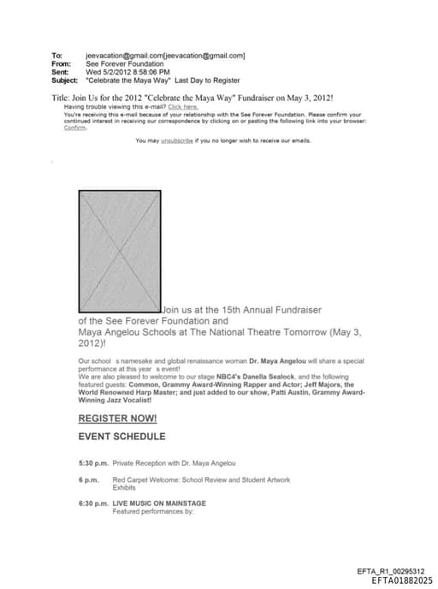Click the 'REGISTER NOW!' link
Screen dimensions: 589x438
point(117,419)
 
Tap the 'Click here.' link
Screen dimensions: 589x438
point(182,107)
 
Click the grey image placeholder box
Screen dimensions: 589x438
point(120,251)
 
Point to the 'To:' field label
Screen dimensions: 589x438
point(56,56)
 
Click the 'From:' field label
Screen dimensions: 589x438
point(61,63)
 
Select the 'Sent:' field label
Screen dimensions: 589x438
point(60,72)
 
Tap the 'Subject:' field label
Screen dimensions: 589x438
point(64,80)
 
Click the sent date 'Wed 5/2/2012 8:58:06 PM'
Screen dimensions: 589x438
point(128,72)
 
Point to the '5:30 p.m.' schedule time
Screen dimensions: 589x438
point(92,463)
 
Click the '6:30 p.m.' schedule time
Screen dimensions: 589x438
point(92,503)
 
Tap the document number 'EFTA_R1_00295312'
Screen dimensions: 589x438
point(390,571)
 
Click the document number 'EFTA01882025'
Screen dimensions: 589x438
point(402,580)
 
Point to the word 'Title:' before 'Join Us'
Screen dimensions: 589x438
point(61,98)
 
